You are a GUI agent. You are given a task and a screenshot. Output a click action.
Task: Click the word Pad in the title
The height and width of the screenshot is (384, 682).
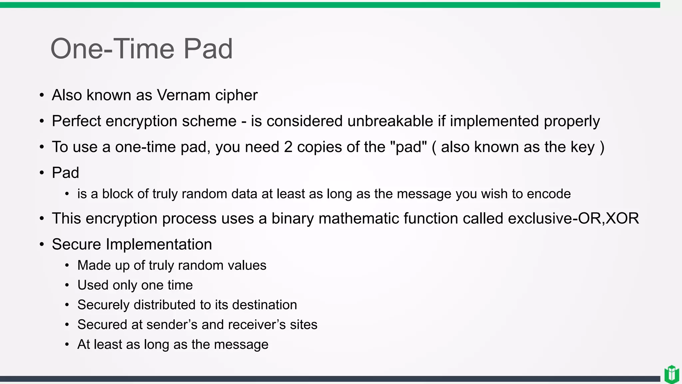(208, 49)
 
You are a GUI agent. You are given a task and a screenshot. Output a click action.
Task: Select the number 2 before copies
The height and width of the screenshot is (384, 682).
(288, 147)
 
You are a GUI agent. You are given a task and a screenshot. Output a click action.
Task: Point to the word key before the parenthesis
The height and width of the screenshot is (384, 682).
(582, 147)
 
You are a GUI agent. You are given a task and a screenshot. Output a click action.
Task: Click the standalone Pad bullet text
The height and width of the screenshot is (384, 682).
(65, 173)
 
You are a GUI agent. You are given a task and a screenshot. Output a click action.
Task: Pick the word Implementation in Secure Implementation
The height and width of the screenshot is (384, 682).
(159, 244)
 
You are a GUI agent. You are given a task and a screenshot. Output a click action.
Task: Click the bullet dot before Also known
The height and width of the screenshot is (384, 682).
(42, 95)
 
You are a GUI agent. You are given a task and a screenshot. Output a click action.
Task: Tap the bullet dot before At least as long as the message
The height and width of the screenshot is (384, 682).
(67, 344)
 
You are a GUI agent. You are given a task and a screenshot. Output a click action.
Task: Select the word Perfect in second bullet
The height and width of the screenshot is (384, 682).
(76, 121)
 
